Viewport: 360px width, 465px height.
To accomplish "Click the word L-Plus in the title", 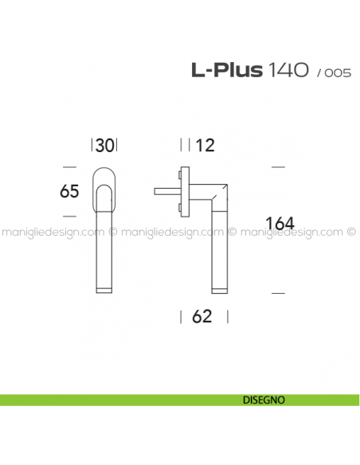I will tap(226, 70).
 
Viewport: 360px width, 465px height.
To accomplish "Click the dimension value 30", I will tap(105, 145).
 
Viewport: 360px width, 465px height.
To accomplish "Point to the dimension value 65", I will tap(71, 191).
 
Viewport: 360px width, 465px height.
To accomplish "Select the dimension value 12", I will tap(205, 145).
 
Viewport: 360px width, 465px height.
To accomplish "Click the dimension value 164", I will tap(278, 225).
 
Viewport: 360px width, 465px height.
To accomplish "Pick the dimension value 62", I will tap(202, 317).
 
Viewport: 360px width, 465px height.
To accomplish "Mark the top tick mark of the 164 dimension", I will tap(278, 167).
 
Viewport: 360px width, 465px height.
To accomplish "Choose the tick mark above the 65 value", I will tap(69, 166).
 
